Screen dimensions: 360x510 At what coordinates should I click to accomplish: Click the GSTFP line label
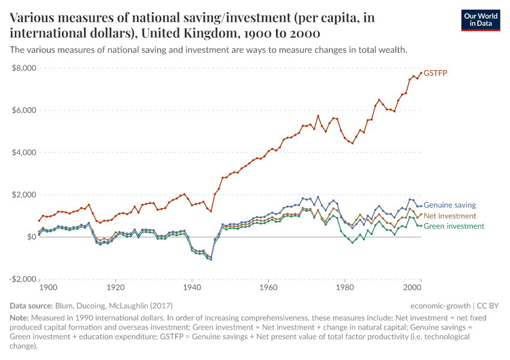[x=436, y=73]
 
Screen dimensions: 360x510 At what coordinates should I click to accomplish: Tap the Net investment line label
[x=450, y=215]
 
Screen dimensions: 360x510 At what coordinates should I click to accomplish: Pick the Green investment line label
[x=454, y=226]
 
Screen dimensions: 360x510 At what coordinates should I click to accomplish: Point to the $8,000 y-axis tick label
[x=22, y=68]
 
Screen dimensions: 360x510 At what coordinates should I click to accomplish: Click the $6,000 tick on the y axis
[x=22, y=110]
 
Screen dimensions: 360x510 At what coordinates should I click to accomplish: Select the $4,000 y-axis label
[x=22, y=152]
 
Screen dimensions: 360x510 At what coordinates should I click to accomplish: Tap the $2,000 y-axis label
[x=22, y=195]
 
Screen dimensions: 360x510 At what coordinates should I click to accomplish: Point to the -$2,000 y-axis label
[x=21, y=279]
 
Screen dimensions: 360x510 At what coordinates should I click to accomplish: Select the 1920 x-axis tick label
[x=116, y=287]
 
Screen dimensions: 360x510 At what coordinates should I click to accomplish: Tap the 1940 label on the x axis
[x=192, y=287]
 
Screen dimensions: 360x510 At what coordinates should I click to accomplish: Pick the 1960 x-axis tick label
[x=268, y=287]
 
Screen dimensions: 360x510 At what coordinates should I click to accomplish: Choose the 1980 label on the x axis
[x=344, y=287]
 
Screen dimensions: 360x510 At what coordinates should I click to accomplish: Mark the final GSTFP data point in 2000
[x=421, y=73]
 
